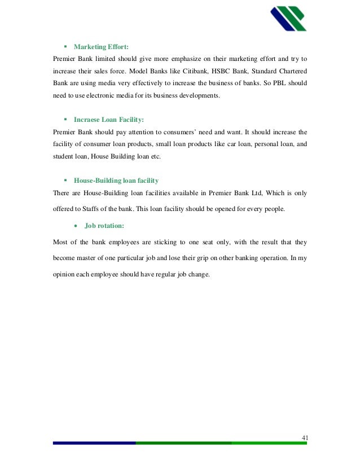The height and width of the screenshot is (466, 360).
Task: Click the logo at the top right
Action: tap(288, 19)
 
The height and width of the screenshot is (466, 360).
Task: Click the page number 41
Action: tap(305, 438)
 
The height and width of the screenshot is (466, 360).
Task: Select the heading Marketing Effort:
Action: tap(105, 47)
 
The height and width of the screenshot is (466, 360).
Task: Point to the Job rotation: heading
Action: tap(104, 226)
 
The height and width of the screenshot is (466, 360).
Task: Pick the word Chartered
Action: tap(292, 71)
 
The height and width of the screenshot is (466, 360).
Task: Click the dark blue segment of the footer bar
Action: tap(94, 443)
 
